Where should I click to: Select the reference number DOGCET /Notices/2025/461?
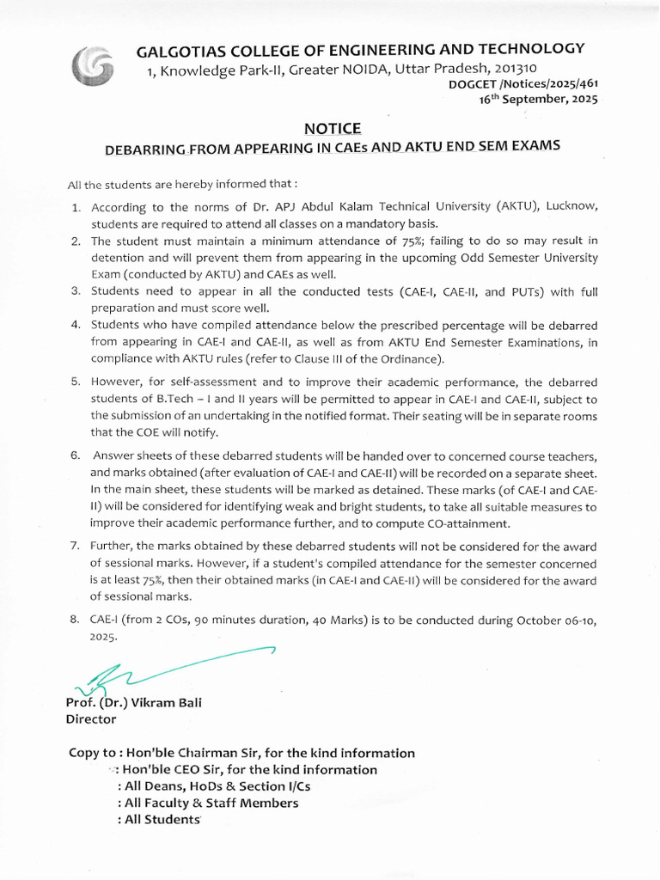coord(522,84)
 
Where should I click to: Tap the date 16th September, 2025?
coord(537,99)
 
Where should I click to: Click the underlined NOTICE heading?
coord(333,128)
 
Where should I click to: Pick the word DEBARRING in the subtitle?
coord(144,148)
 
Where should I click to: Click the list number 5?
coord(76,382)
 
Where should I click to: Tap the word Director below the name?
coord(91,718)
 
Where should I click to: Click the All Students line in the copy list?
coord(160,819)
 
